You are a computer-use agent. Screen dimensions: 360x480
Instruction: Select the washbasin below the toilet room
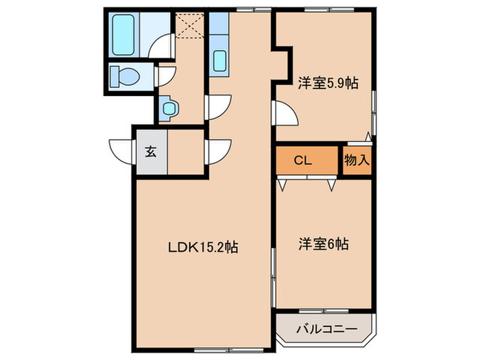pos(169,106)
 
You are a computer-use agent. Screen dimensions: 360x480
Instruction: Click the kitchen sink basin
pos(219,61)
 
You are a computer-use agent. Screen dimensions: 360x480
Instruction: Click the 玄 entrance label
pos(150,152)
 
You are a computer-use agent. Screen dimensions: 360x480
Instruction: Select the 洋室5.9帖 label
pos(328,82)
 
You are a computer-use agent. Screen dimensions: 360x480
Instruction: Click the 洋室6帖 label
pos(323,243)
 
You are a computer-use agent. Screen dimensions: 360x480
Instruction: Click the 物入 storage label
pos(357,160)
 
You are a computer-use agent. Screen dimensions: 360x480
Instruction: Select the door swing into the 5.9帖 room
pos(285,114)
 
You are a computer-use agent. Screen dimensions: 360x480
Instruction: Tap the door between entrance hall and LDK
pos(219,152)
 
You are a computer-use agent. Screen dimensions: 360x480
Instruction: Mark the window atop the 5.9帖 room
pos(326,9)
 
